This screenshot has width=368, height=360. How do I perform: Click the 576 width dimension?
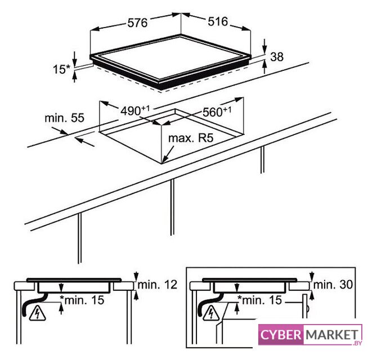tap(137, 22)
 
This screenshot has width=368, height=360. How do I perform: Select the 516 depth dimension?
tap(218, 21)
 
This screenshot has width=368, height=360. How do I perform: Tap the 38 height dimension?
tap(277, 57)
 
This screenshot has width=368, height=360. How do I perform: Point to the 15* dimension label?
tap(61, 69)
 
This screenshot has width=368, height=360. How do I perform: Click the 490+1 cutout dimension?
tap(135, 111)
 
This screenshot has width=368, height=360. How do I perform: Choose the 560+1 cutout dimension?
tap(217, 112)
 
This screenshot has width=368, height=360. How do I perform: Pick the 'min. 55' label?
tap(64, 118)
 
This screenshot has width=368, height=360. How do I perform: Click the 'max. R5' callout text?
tap(191, 138)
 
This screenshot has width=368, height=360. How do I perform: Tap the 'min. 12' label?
tap(157, 285)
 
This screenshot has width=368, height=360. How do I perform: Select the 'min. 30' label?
tap(333, 285)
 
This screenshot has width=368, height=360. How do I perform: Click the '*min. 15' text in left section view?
tap(82, 300)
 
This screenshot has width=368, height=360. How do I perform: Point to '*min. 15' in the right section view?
tap(259, 300)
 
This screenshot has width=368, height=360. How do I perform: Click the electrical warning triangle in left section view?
tap(37, 313)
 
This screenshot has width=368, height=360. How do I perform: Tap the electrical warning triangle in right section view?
tap(211, 313)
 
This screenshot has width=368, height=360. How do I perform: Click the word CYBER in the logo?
tap(281, 335)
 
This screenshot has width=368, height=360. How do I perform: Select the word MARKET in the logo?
tap(332, 335)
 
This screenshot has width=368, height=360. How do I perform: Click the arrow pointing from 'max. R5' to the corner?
tap(168, 154)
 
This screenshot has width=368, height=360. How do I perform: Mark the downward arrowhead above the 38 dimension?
tap(264, 49)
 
